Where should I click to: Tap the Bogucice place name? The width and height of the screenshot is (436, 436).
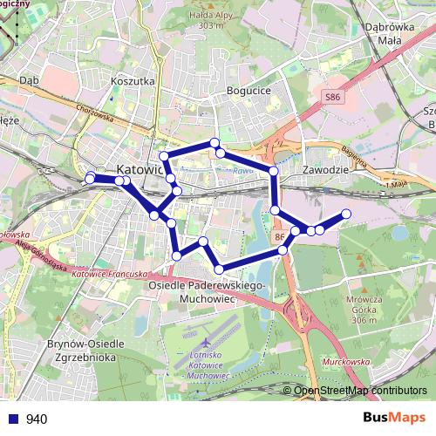tap(249, 90)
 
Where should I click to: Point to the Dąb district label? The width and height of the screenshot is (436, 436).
tap(30, 79)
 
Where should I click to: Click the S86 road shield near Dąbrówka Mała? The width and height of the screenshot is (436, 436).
tap(332, 99)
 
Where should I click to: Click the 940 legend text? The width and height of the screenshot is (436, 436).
tap(36, 419)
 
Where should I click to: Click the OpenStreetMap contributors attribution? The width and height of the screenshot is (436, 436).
tap(360, 390)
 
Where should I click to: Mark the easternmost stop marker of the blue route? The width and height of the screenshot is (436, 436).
tap(346, 214)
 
